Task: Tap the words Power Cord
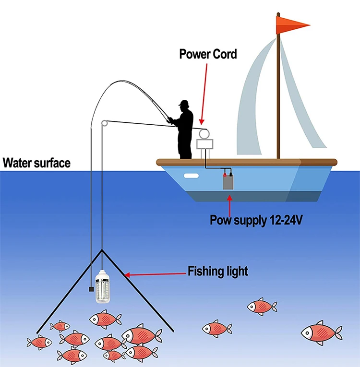coord(208,54)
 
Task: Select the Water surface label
coord(36,163)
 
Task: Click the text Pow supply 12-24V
coord(256,220)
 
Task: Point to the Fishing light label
coord(218,271)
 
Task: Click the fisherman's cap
coord(184,103)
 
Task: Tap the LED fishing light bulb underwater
coord(103,287)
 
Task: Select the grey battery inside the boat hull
coord(228,182)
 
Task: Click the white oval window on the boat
coord(191,176)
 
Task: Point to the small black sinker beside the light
coord(91,289)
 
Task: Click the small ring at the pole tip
coord(105,123)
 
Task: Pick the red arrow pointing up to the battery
coord(229,206)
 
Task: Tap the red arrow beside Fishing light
coord(155,274)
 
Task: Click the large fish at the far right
coord(321,333)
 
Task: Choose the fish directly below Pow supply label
coord(262,307)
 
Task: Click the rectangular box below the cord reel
coord(204,144)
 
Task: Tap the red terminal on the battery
coord(225,175)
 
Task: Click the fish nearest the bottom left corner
coord(39,343)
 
